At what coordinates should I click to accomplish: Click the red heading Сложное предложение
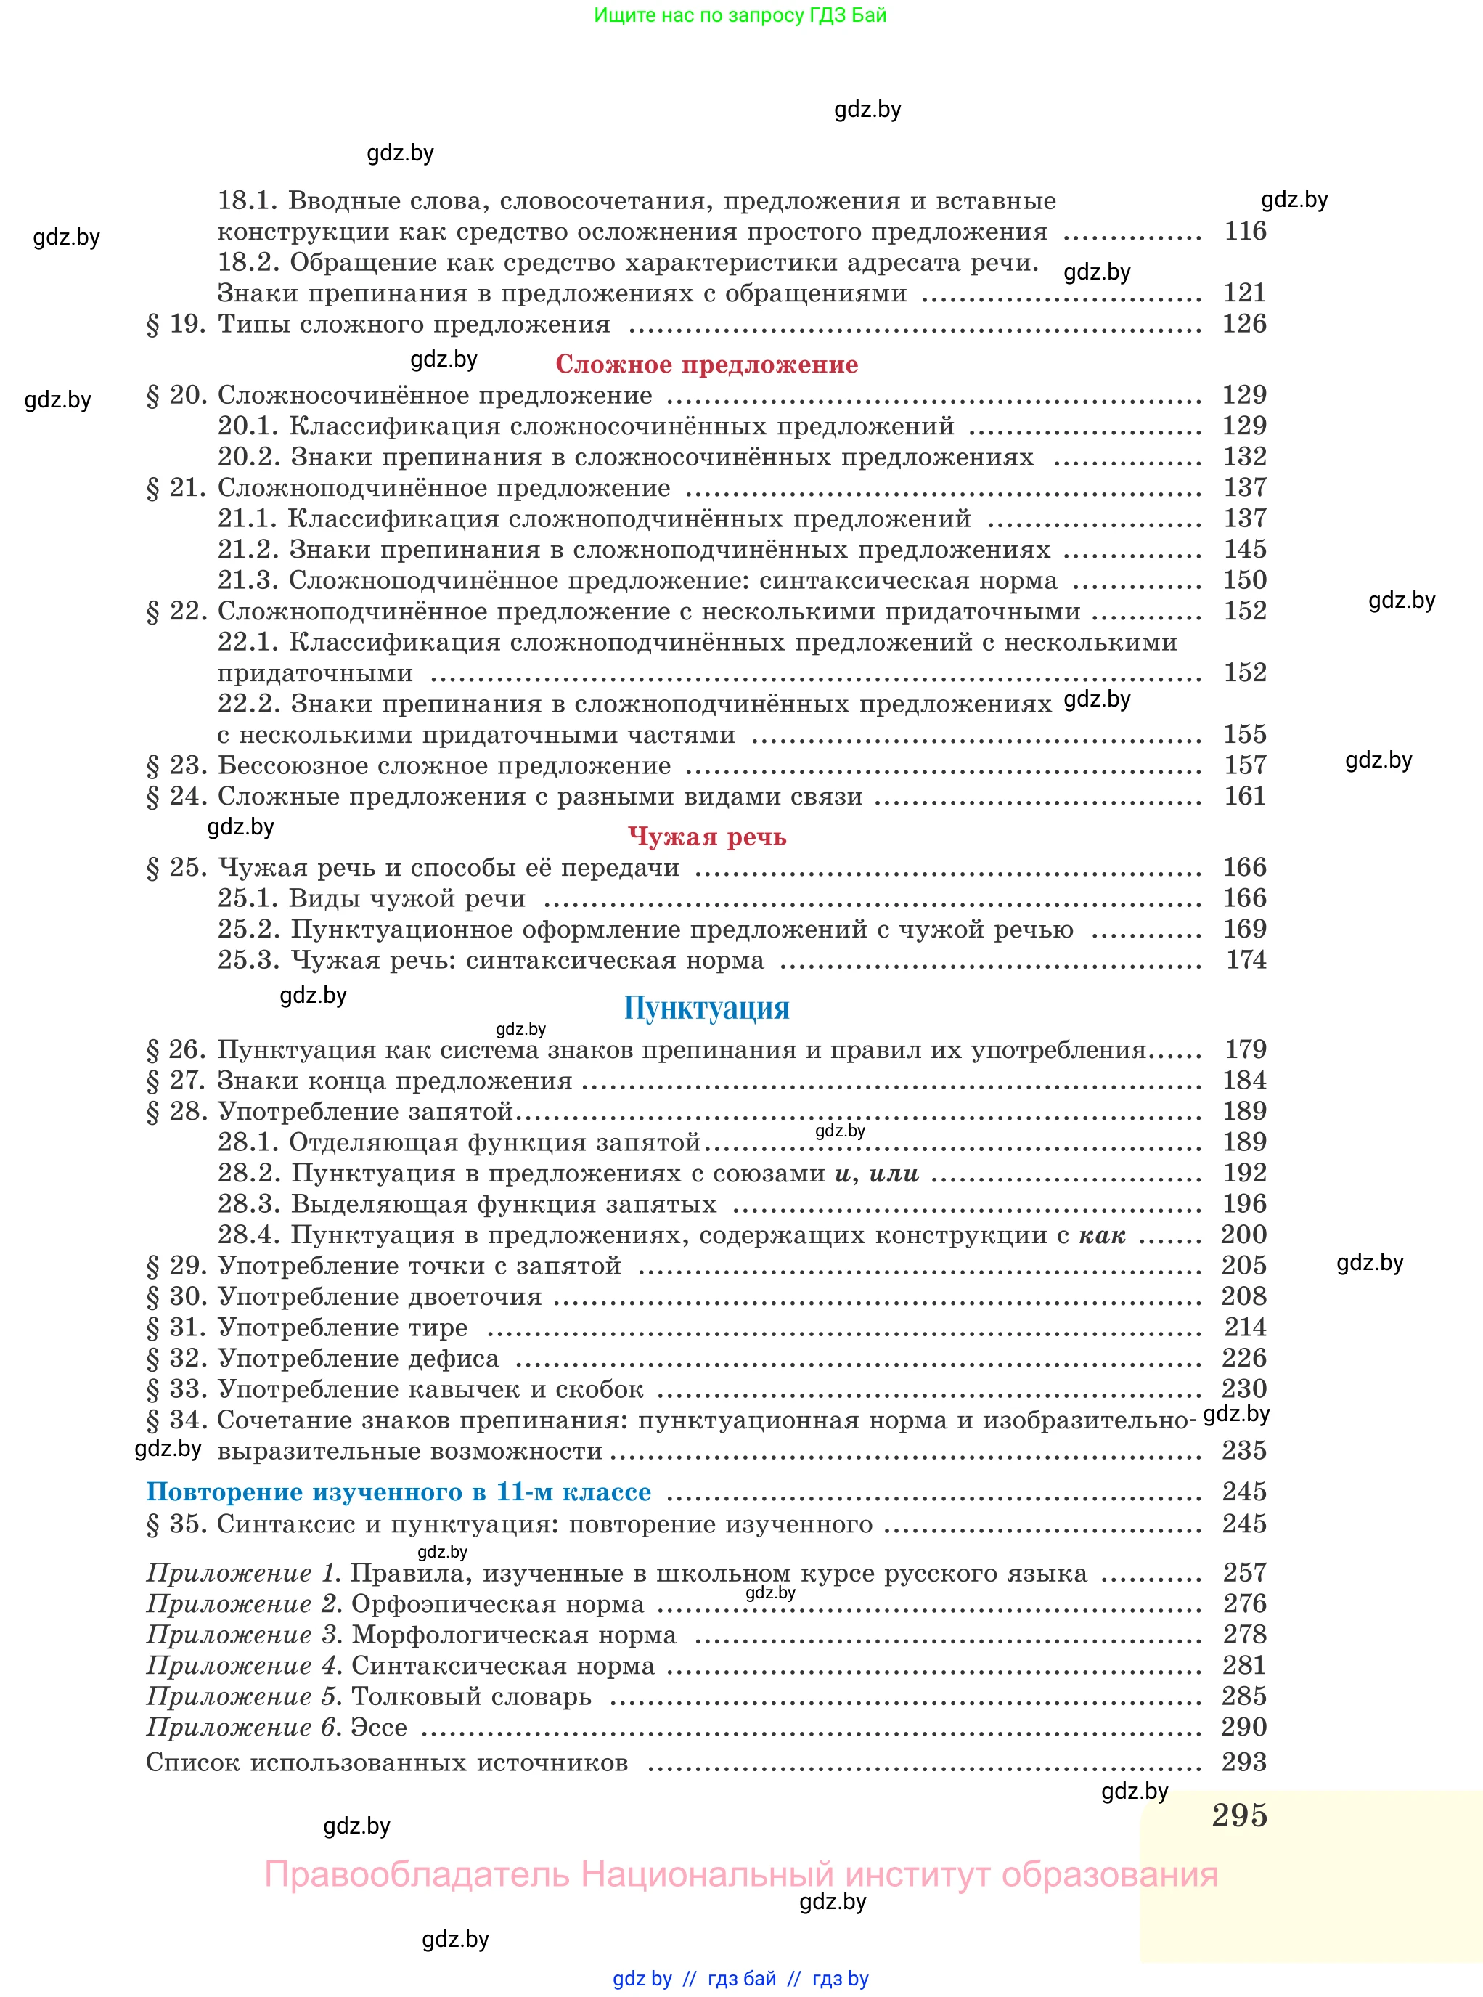pyautogui.click(x=706, y=364)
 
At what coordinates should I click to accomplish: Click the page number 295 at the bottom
pyautogui.click(x=1239, y=1815)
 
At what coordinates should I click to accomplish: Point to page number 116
pyautogui.click(x=1245, y=231)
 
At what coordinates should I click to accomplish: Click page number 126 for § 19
pyautogui.click(x=1244, y=323)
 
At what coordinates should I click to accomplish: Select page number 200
pyautogui.click(x=1244, y=1234)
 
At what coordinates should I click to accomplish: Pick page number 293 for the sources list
pyautogui.click(x=1244, y=1762)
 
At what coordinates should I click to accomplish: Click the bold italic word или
pyautogui.click(x=894, y=1173)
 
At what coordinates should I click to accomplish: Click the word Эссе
pyautogui.click(x=379, y=1727)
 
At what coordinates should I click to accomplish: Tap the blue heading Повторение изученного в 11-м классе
pyautogui.click(x=399, y=1492)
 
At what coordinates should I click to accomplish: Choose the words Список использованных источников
pyautogui.click(x=387, y=1762)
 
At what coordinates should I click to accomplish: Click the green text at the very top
pyautogui.click(x=740, y=15)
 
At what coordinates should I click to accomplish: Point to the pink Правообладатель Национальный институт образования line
pyautogui.click(x=740, y=1874)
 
